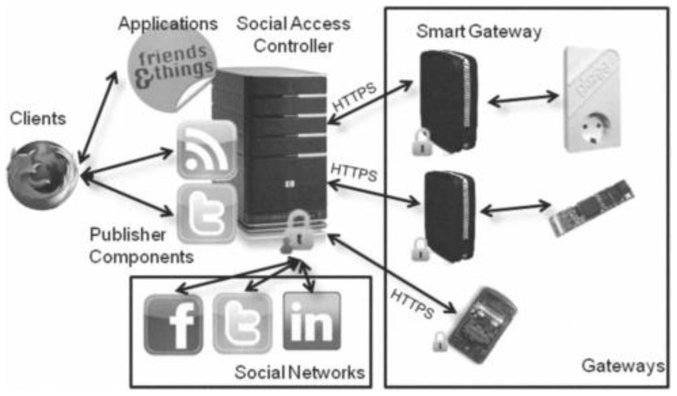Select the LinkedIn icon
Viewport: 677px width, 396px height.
point(312,321)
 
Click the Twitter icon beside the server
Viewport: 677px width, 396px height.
point(207,214)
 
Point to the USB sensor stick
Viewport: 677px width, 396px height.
point(592,208)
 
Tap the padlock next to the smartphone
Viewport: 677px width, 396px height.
point(440,341)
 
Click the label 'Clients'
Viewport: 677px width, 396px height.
point(38,119)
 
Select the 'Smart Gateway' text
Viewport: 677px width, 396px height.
point(478,32)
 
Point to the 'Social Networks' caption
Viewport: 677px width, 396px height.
point(299,373)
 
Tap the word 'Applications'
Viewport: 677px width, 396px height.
point(168,23)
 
